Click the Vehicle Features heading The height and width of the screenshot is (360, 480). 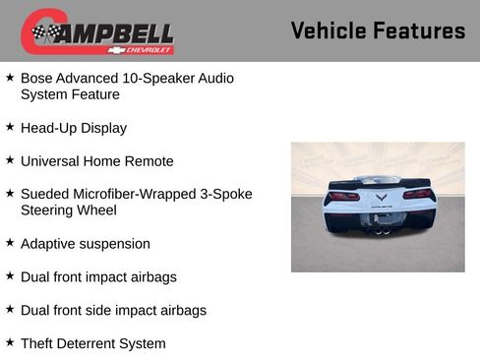click(378, 30)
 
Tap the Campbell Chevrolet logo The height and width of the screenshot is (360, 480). click(97, 32)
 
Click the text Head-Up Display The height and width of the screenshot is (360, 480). click(74, 128)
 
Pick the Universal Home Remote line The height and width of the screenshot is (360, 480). click(96, 161)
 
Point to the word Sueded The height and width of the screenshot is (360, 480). click(44, 194)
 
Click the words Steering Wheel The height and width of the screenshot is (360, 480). click(69, 210)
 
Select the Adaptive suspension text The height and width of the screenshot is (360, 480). click(86, 244)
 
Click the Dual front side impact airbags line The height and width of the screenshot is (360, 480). click(113, 310)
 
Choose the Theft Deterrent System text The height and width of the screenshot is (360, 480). click(93, 343)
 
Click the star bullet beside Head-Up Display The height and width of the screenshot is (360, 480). click(10, 127)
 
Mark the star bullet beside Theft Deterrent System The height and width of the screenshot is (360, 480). click(10, 342)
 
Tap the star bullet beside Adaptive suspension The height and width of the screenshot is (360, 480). click(10, 243)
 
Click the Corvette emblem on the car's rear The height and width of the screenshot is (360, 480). click(380, 197)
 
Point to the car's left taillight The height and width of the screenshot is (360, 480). click(341, 194)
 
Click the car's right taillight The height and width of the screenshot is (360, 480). click(418, 194)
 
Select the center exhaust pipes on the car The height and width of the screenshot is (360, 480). click(380, 230)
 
